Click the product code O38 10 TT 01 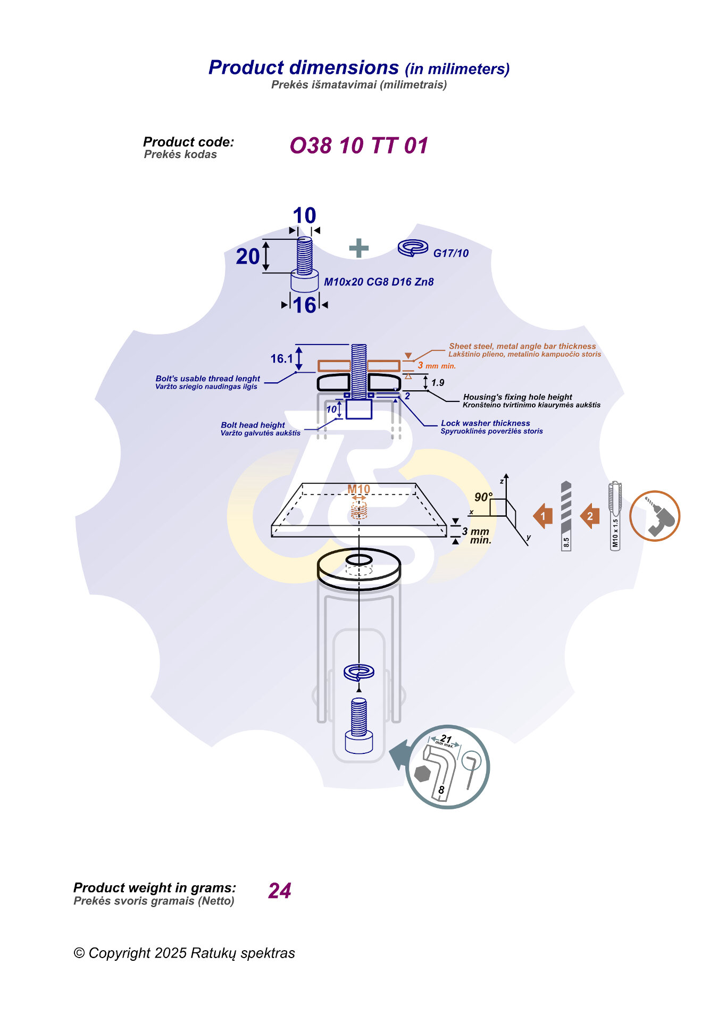click(x=358, y=146)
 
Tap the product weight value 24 click(x=280, y=891)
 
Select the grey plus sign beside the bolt click(x=359, y=248)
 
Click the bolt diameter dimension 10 click(x=304, y=216)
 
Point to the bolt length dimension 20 click(x=248, y=256)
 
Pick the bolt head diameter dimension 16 click(x=304, y=305)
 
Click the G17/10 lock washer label click(x=450, y=253)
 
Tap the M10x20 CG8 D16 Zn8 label click(x=379, y=282)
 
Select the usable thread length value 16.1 click(x=281, y=359)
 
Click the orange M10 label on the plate click(x=358, y=489)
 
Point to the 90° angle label click(x=483, y=497)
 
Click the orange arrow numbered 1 click(x=542, y=516)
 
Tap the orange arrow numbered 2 click(x=589, y=516)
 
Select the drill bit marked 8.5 click(x=566, y=516)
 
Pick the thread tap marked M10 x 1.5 click(x=615, y=516)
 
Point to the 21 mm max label click(x=446, y=740)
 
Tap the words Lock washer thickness click(x=485, y=423)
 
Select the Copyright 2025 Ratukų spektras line click(x=184, y=953)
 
